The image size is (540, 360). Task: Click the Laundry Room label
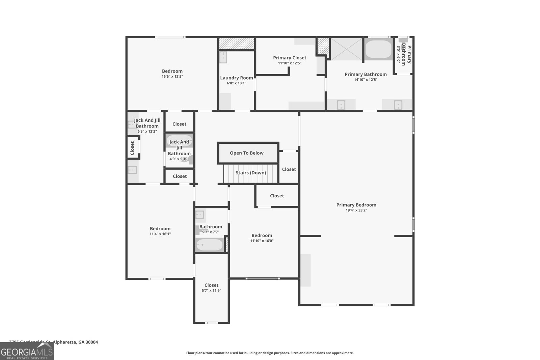(x=236, y=78)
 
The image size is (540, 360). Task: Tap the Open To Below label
(x=246, y=153)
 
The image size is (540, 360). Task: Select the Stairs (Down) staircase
(x=250, y=173)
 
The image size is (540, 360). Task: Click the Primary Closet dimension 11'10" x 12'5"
(x=290, y=63)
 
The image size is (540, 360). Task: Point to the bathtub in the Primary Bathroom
(x=378, y=50)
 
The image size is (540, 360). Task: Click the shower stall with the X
(x=347, y=49)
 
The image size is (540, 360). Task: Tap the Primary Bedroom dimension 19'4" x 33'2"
(x=356, y=210)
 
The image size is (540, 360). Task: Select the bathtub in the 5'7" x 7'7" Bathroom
(x=210, y=245)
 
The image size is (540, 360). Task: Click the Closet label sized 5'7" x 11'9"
(x=211, y=285)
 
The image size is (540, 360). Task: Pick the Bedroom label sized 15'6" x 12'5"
(x=172, y=71)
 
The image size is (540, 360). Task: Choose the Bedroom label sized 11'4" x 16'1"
(x=160, y=228)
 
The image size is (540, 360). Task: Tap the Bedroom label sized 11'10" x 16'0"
(x=262, y=236)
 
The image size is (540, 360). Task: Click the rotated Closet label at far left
(x=132, y=148)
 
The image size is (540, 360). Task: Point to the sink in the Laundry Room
(x=223, y=57)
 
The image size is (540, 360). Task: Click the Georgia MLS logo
(x=27, y=351)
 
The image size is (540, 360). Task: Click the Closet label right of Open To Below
(x=289, y=169)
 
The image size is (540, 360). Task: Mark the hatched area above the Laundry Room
(x=236, y=43)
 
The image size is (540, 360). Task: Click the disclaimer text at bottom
(x=270, y=353)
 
